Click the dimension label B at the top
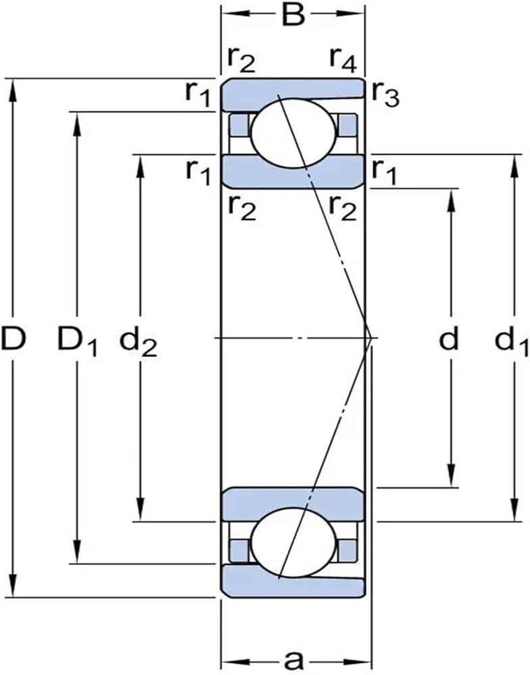(293, 15)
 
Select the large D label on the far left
(14, 338)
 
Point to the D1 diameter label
(78, 342)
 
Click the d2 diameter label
(138, 342)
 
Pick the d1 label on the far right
(512, 342)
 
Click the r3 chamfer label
(385, 93)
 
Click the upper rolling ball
(293, 133)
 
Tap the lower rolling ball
(293, 543)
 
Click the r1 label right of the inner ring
(384, 172)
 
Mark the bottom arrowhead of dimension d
(452, 477)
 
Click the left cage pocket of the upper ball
(238, 125)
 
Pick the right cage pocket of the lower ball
(347, 550)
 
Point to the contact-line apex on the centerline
(371, 338)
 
